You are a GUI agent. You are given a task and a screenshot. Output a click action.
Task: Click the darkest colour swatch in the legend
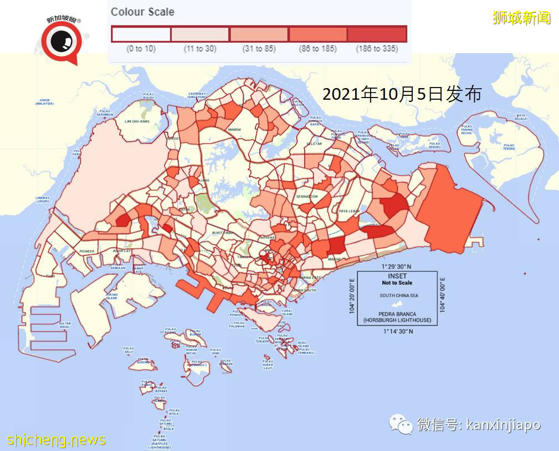377,34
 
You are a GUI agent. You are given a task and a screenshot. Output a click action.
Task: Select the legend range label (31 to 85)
259,49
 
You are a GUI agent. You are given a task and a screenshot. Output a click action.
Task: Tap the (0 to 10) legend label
141,49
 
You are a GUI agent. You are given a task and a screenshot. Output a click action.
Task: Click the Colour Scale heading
142,12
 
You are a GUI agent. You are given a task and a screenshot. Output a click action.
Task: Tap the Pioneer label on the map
86,251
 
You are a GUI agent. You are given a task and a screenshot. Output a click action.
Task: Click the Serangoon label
306,197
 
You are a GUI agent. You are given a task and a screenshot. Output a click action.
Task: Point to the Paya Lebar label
350,211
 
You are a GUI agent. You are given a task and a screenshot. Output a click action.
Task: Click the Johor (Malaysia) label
44,102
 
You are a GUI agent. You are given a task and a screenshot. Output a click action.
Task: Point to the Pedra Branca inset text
397,317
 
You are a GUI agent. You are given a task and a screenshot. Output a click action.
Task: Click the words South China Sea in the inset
398,295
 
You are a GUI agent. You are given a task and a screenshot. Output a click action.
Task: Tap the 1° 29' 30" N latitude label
397,266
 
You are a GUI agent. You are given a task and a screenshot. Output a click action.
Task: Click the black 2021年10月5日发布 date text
402,94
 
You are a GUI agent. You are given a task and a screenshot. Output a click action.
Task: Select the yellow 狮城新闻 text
522,17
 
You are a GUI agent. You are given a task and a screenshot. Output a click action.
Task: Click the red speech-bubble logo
61,43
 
